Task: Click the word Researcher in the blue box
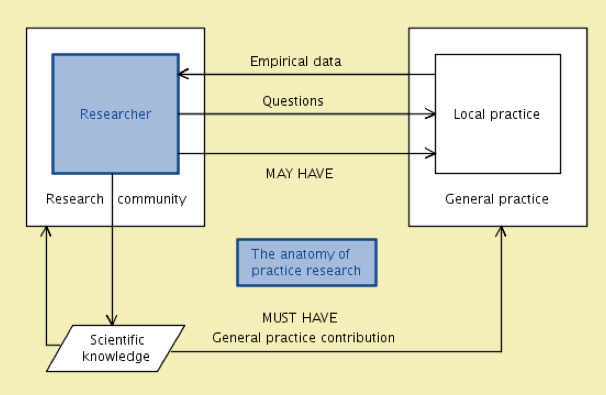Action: (115, 114)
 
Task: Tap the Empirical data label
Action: (296, 61)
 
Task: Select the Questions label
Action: (293, 101)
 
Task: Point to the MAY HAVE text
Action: (299, 174)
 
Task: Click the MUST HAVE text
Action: (300, 318)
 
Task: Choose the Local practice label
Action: (497, 114)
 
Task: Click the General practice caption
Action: (497, 199)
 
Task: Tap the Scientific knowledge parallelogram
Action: (115, 348)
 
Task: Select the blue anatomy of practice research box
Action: (307, 262)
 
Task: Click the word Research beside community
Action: (75, 199)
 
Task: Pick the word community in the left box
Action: (152, 199)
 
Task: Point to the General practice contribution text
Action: (303, 338)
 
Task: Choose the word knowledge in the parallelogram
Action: (116, 356)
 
